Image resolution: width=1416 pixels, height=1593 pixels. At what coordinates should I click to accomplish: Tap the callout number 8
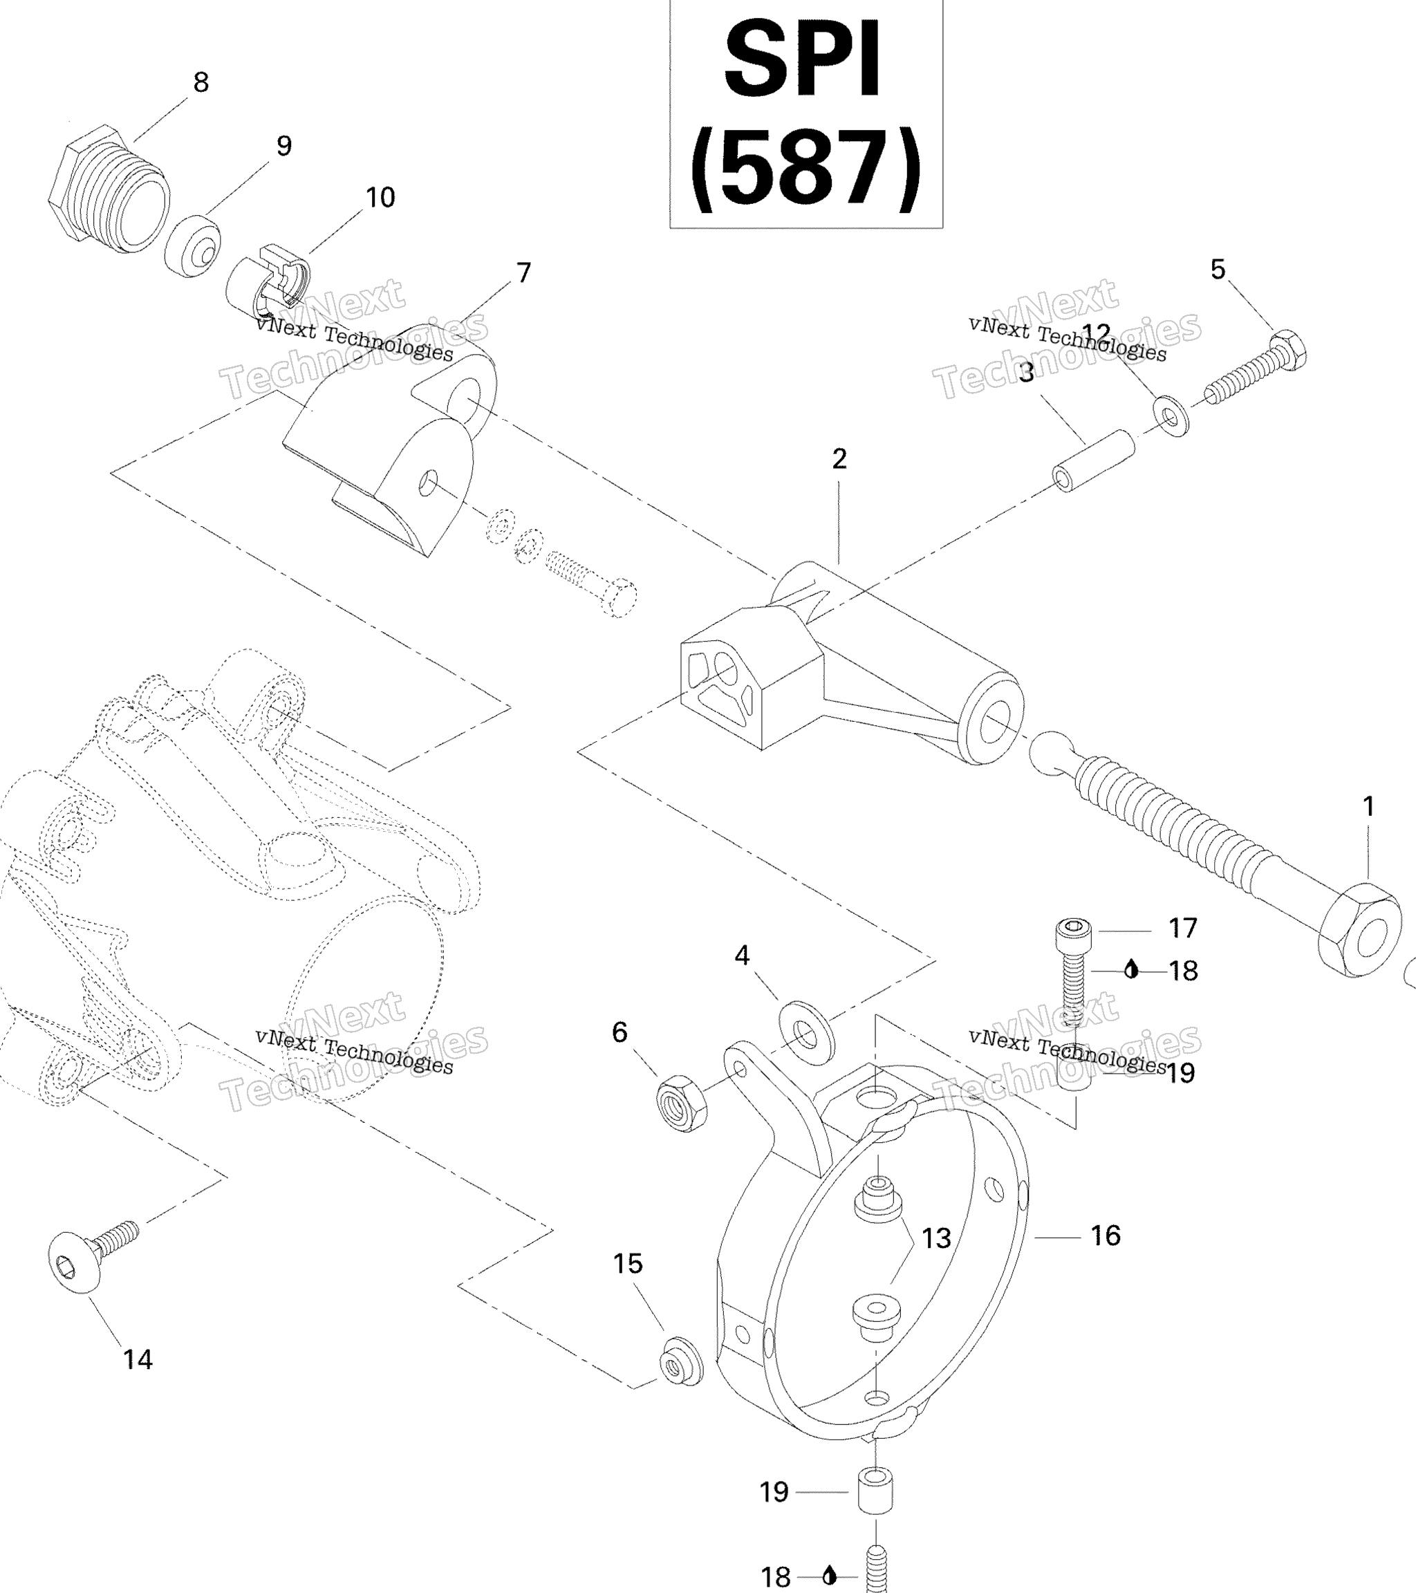pos(201,82)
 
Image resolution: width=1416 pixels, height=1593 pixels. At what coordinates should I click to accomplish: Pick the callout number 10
pos(380,197)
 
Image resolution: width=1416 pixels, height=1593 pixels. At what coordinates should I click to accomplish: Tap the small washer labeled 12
pos(1170,416)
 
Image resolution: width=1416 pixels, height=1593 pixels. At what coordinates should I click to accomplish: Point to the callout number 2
pos(839,458)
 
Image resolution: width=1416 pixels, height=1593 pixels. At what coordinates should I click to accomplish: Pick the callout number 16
pos(1105,1236)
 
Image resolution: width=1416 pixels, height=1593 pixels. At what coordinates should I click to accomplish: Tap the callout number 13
pos(936,1238)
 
